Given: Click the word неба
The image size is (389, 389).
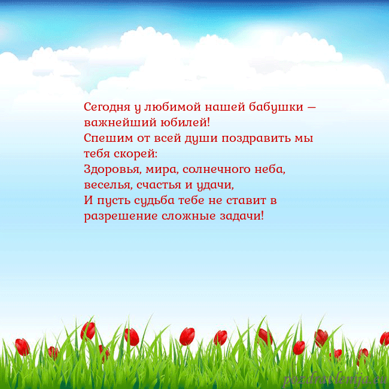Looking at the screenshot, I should pyautogui.click(x=271, y=169).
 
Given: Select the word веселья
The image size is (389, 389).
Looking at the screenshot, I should pyautogui.click(x=105, y=184).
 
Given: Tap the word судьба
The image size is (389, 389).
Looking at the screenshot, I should pyautogui.click(x=151, y=200).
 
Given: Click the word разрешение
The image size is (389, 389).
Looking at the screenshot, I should pyautogui.click(x=120, y=215).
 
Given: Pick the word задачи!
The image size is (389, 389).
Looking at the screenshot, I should pyautogui.click(x=242, y=215).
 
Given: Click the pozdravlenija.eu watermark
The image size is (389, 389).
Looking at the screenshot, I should pyautogui.click(x=336, y=379).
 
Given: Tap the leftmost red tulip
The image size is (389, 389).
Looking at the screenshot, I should pyautogui.click(x=22, y=347).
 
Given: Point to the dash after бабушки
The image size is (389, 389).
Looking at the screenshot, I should pyautogui.click(x=311, y=108).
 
